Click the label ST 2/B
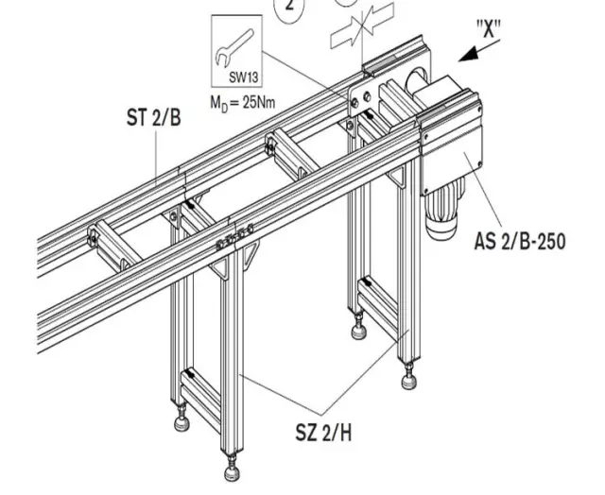click(x=153, y=117)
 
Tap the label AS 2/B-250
click(x=520, y=241)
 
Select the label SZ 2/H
click(x=323, y=433)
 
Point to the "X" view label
click(x=489, y=29)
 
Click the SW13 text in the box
click(x=243, y=77)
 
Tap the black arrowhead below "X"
click(x=468, y=55)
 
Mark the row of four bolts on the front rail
click(x=234, y=238)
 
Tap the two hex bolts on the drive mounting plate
click(x=361, y=99)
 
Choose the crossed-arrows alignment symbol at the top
click(x=362, y=26)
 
